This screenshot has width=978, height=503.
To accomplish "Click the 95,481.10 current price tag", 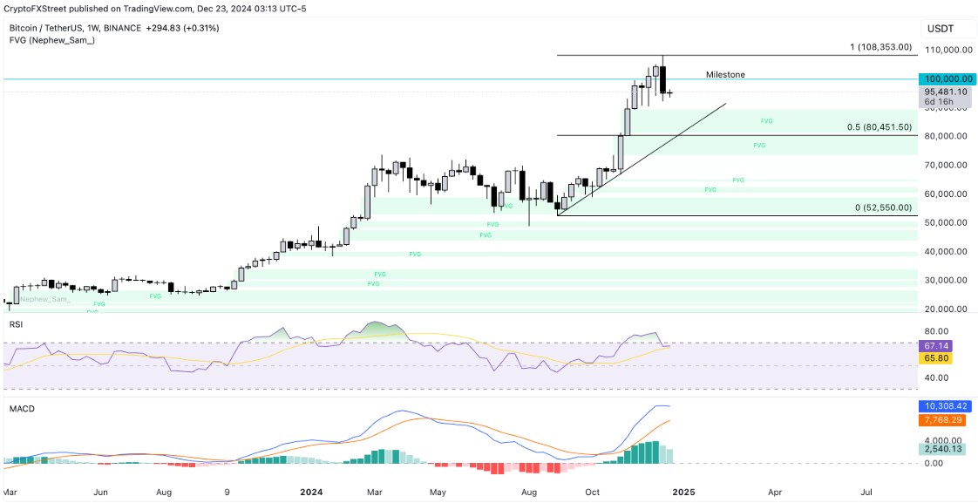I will [x=947, y=91].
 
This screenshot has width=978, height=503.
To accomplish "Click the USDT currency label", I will [x=941, y=29].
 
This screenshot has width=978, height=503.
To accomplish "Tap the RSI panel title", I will [x=16, y=323].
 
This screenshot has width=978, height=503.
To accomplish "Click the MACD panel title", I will [x=21, y=408].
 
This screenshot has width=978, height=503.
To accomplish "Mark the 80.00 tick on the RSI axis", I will [x=935, y=331].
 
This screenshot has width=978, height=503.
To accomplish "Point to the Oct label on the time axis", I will [x=593, y=492].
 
